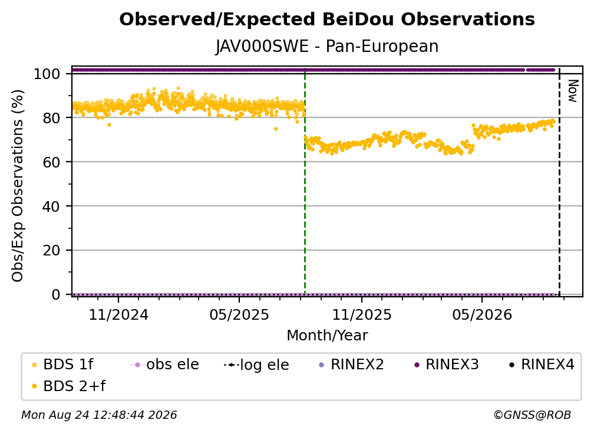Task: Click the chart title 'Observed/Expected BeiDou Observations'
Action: click(327, 19)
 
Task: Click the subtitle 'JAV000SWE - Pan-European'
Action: click(327, 47)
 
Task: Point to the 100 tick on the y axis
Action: click(47, 74)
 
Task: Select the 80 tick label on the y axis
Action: click(51, 118)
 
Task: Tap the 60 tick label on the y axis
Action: click(51, 162)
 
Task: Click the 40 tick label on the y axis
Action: click(51, 206)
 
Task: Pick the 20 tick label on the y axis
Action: click(51, 251)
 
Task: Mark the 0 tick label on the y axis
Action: click(56, 294)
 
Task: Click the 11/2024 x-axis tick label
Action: click(118, 315)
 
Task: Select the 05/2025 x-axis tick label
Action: click(239, 315)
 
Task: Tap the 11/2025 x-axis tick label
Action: click(362, 315)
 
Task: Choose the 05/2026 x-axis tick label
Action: click(482, 315)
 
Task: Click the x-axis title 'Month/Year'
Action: click(327, 336)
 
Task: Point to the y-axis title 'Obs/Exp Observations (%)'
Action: click(18, 186)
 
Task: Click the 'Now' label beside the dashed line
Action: click(572, 91)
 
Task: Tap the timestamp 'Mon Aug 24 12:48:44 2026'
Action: click(99, 415)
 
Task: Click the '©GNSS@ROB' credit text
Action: click(532, 415)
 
